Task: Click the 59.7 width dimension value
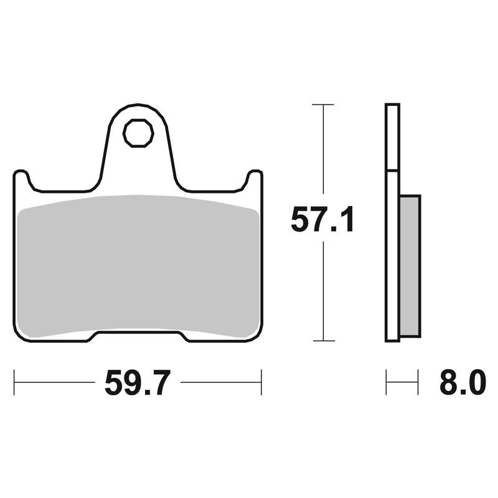[x=138, y=383]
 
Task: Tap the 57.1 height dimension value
[x=322, y=219]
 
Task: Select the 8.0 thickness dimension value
[x=463, y=382]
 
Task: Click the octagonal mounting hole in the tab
[x=138, y=133]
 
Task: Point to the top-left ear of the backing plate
[x=22, y=177]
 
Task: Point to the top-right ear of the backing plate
[x=255, y=177]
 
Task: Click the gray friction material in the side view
[x=410, y=266]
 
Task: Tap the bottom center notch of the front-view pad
[x=138, y=332]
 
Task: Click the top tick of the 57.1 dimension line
[x=323, y=104]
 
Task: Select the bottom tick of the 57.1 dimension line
[x=324, y=341]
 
